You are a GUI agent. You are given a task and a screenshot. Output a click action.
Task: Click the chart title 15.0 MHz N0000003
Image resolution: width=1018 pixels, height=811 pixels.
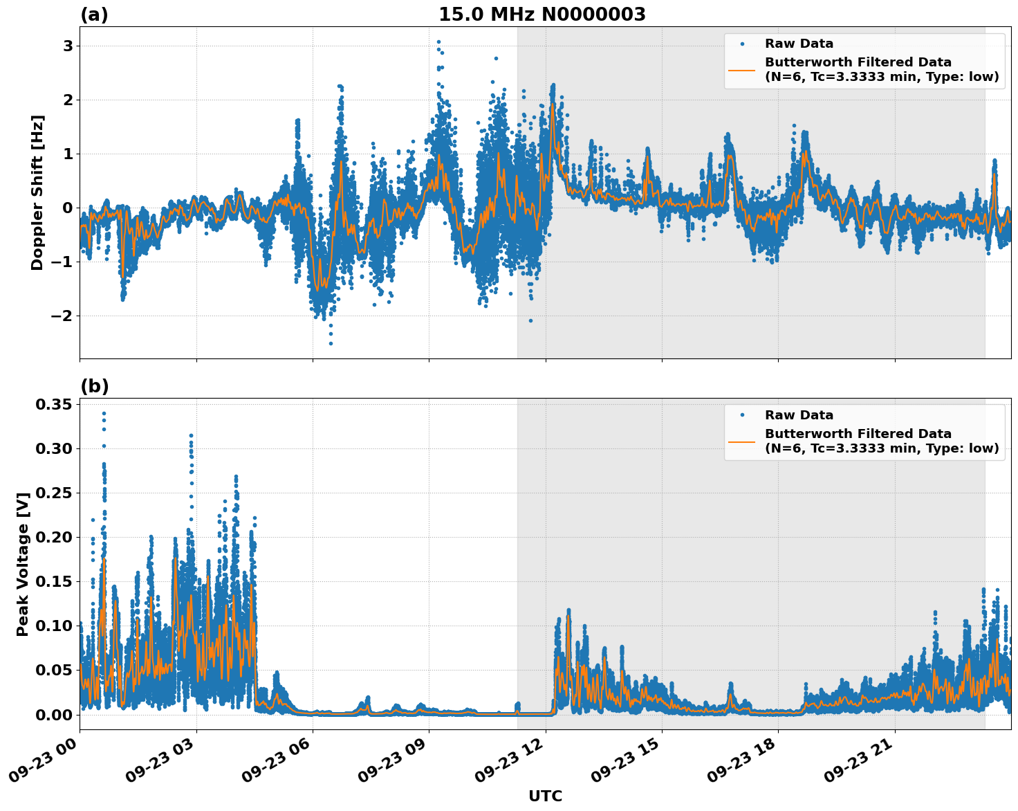tap(542, 15)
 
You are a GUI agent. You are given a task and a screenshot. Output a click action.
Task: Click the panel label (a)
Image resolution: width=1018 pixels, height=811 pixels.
tap(94, 15)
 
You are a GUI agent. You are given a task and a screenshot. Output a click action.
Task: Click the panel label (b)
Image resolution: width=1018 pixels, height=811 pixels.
tap(94, 386)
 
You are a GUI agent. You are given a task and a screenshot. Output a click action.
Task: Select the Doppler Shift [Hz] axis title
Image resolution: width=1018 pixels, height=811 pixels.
tap(37, 192)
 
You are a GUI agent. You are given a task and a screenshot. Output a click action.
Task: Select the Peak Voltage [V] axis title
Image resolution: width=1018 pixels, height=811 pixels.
tap(23, 564)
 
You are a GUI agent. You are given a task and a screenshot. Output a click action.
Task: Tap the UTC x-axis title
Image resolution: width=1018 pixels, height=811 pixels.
tap(545, 796)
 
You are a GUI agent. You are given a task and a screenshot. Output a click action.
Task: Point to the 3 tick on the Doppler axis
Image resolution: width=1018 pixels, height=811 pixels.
tap(68, 46)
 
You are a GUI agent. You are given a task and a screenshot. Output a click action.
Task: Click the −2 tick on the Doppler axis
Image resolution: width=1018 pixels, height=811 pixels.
tap(63, 316)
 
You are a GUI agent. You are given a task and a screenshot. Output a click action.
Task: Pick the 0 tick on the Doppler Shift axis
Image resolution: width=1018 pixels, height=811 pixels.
tap(68, 208)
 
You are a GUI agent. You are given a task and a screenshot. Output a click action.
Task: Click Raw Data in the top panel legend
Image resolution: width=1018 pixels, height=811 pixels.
tap(799, 44)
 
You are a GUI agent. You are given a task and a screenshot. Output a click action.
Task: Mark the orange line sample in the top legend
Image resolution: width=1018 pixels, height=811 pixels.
tap(742, 69)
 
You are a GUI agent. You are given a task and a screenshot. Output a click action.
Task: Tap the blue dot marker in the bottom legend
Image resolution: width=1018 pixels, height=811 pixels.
tap(742, 415)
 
